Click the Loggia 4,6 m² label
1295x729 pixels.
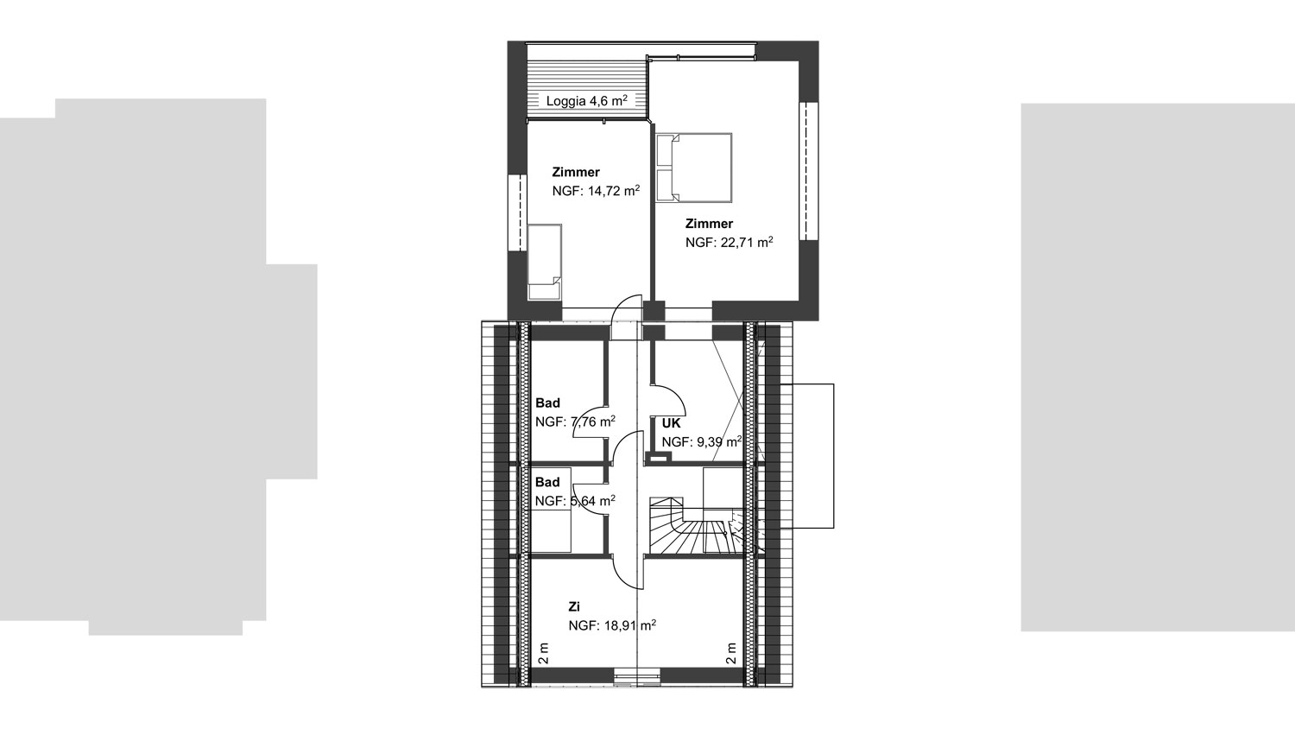click(x=587, y=101)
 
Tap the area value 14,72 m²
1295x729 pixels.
click(x=614, y=190)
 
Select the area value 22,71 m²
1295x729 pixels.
click(x=747, y=242)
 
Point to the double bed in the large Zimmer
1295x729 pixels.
click(x=694, y=168)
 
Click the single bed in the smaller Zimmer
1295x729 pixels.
click(x=545, y=262)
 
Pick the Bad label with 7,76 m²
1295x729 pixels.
click(x=547, y=403)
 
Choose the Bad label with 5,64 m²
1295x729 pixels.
click(x=547, y=482)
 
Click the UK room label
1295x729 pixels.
click(x=671, y=423)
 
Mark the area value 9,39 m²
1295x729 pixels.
click(x=719, y=442)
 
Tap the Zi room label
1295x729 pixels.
click(x=574, y=606)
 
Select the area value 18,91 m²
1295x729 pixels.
click(x=630, y=624)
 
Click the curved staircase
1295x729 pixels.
click(x=694, y=526)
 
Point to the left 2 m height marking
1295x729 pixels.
click(x=543, y=654)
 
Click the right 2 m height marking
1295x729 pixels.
click(x=731, y=654)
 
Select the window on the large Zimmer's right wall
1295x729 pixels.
click(x=809, y=171)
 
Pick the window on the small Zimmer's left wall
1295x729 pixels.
click(x=517, y=212)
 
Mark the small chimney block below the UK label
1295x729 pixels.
click(x=659, y=458)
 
